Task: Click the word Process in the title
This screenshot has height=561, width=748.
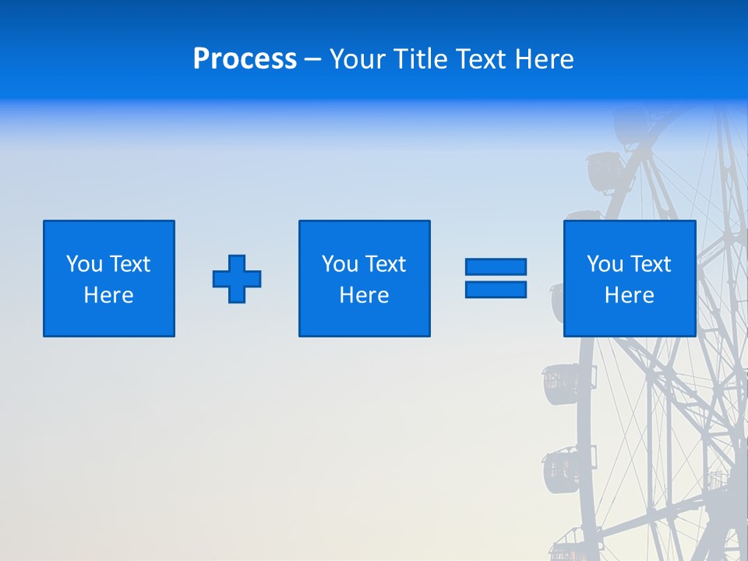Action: (x=245, y=59)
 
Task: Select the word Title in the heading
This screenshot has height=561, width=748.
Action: (x=419, y=59)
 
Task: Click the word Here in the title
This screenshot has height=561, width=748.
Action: (x=544, y=59)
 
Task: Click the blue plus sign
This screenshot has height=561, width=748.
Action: (x=237, y=278)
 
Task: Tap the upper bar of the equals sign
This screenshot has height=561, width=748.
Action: (x=496, y=267)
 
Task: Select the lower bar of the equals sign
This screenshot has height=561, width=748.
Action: (x=496, y=289)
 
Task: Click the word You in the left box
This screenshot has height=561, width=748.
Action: (x=84, y=264)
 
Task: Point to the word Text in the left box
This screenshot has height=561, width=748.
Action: (x=129, y=264)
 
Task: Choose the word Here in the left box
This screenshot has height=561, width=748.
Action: (x=108, y=295)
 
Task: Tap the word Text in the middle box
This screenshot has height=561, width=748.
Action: (x=384, y=264)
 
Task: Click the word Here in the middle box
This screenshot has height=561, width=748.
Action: (x=364, y=295)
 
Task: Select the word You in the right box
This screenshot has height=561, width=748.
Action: (x=605, y=264)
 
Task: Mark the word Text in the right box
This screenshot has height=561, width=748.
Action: (x=649, y=264)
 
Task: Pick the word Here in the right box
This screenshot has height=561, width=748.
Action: (x=629, y=295)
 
